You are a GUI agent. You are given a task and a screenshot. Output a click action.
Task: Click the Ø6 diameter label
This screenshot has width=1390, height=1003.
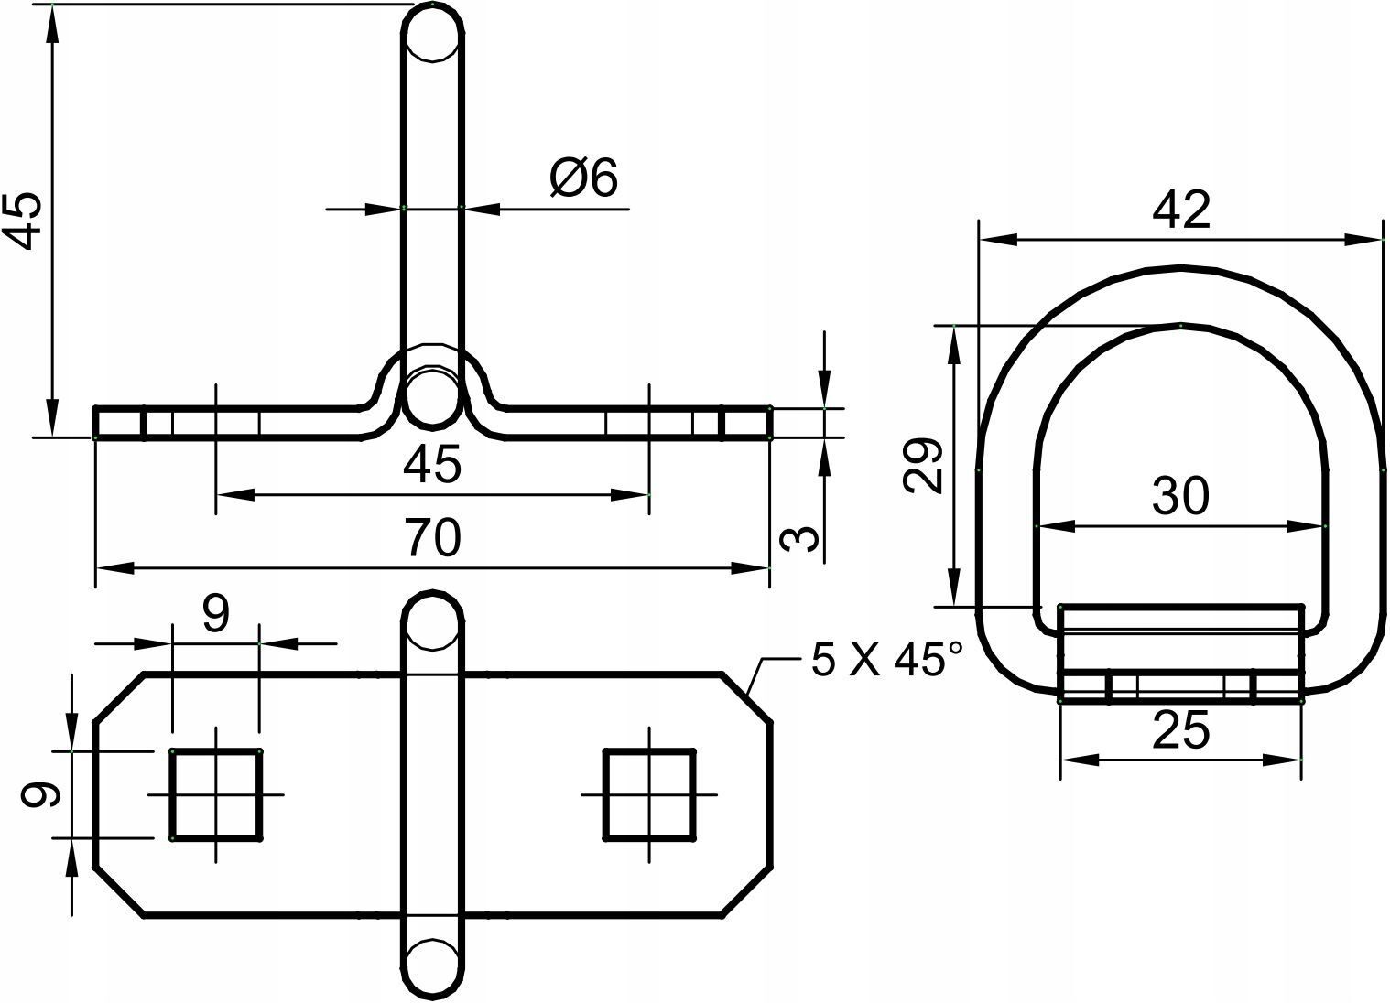[584, 178]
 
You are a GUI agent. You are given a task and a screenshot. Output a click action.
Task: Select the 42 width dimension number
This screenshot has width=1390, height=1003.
[1181, 210]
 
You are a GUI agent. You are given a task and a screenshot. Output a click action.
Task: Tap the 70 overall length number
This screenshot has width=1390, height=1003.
[433, 537]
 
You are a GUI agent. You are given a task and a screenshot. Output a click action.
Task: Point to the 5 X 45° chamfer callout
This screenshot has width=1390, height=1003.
[886, 659]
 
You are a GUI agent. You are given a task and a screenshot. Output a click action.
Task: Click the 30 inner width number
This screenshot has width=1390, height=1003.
[1181, 495]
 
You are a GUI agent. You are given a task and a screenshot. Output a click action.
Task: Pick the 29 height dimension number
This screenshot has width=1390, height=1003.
[923, 465]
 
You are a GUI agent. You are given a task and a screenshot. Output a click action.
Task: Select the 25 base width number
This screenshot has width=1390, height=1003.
[1181, 730]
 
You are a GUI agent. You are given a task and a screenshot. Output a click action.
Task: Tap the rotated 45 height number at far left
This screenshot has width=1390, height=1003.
[22, 221]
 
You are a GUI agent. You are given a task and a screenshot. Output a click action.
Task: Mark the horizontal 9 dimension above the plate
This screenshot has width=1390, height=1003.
[215, 614]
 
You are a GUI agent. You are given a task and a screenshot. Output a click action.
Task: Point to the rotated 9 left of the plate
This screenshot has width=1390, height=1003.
[40, 794]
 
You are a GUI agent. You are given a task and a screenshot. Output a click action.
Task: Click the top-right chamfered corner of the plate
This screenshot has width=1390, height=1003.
[748, 697]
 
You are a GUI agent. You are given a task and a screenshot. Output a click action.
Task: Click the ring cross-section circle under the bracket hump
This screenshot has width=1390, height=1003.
[432, 397]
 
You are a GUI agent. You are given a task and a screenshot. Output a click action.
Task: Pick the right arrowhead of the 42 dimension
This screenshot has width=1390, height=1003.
[1364, 239]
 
